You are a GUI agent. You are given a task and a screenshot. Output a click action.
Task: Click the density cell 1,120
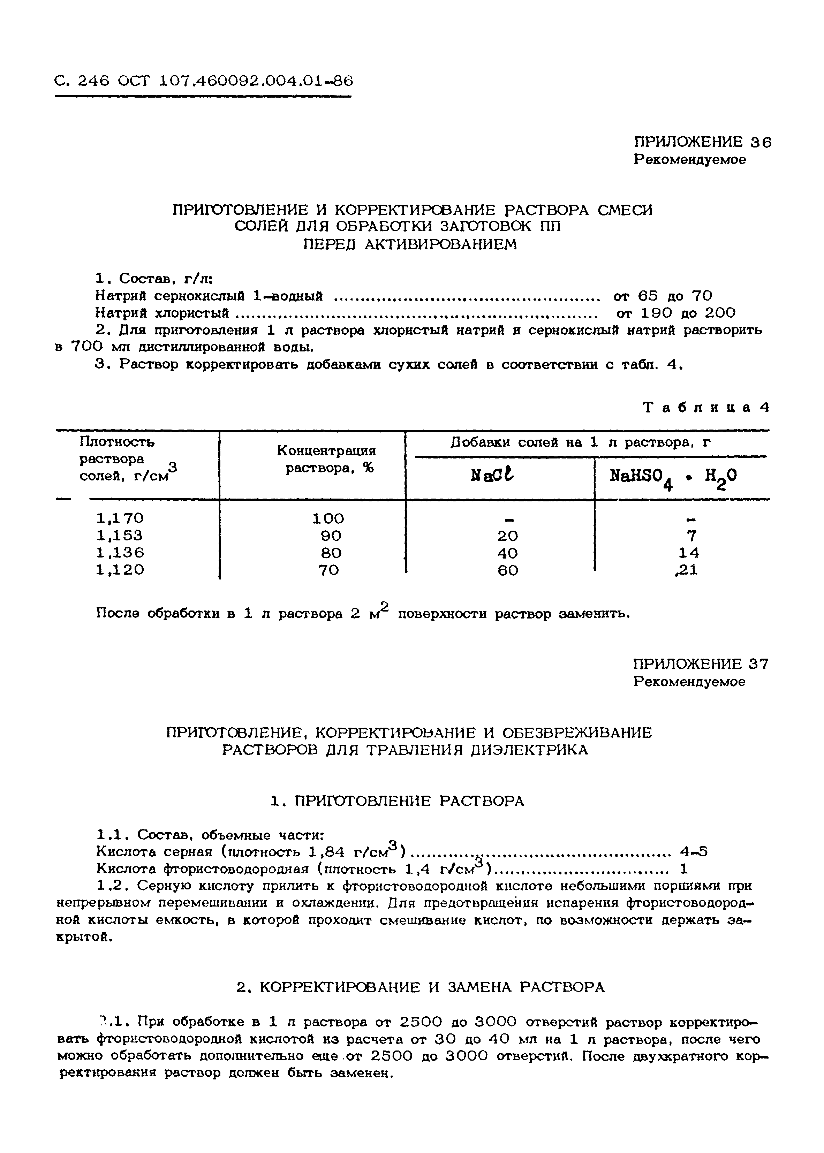click(120, 570)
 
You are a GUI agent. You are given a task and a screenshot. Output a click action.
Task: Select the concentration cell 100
click(328, 518)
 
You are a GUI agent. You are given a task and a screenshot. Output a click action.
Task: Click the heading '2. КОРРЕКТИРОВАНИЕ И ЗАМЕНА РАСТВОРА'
click(421, 987)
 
